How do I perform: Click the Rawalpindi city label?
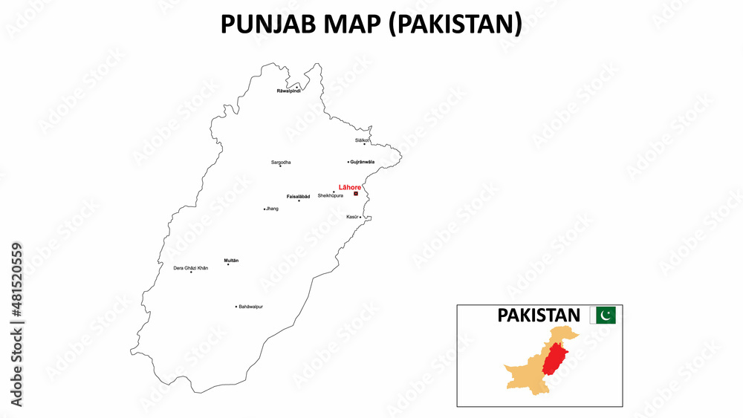click(288, 91)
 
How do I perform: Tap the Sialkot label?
click(362, 140)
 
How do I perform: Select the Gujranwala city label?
click(363, 161)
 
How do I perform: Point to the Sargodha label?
click(281, 161)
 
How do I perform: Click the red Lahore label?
click(349, 187)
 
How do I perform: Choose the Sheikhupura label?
click(330, 196)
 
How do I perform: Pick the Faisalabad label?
click(298, 196)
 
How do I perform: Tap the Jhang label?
click(273, 209)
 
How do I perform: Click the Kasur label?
click(352, 217)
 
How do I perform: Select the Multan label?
click(231, 260)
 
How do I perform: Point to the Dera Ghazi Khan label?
click(190, 267)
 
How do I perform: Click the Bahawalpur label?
click(251, 306)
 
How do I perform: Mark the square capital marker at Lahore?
click(356, 193)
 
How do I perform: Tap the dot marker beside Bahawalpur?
click(236, 306)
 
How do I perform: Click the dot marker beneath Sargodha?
click(280, 166)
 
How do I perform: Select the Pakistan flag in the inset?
click(602, 316)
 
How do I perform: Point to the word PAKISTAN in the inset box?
click(539, 316)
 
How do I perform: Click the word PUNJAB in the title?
click(265, 25)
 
